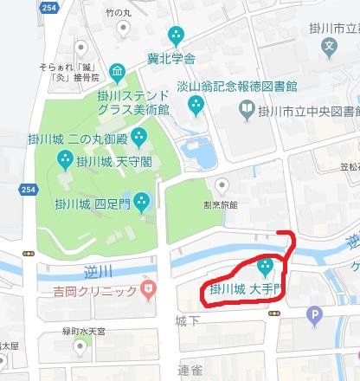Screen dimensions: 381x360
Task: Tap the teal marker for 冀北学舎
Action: tap(177, 36)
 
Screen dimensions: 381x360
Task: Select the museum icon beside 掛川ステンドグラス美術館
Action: tap(118, 71)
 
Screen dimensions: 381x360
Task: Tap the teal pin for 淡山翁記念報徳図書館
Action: tap(196, 106)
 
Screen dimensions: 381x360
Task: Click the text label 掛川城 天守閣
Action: tap(105, 161)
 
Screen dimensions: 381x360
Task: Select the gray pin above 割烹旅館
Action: tap(222, 184)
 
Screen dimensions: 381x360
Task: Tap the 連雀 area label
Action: tap(189, 370)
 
